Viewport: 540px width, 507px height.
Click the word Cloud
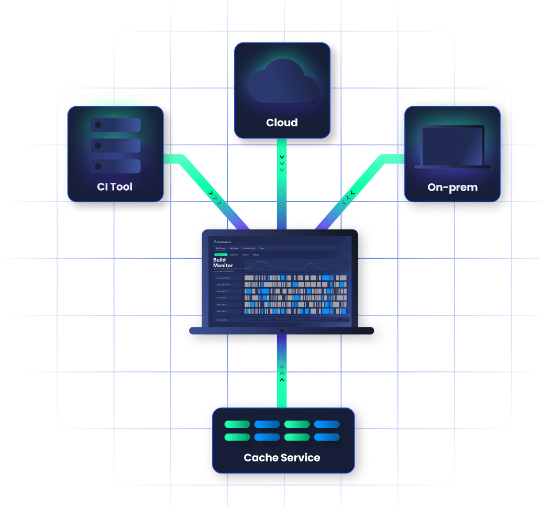[x=282, y=123]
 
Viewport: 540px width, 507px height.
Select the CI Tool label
[x=115, y=186]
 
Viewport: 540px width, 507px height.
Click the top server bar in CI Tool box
[x=116, y=125]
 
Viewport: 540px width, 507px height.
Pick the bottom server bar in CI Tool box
[x=116, y=166]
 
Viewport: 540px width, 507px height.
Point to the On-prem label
[x=453, y=187]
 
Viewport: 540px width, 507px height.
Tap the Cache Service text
[x=282, y=458]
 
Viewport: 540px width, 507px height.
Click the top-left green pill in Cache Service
[x=237, y=424]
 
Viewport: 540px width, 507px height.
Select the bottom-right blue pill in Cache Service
[x=327, y=437]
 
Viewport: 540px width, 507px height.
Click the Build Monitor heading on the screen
[x=223, y=262]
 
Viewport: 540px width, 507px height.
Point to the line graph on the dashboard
[x=295, y=264]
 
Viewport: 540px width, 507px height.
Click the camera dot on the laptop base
[x=282, y=330]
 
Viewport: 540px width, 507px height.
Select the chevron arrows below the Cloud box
[x=282, y=163]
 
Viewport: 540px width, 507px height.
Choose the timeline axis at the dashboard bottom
[x=295, y=319]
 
